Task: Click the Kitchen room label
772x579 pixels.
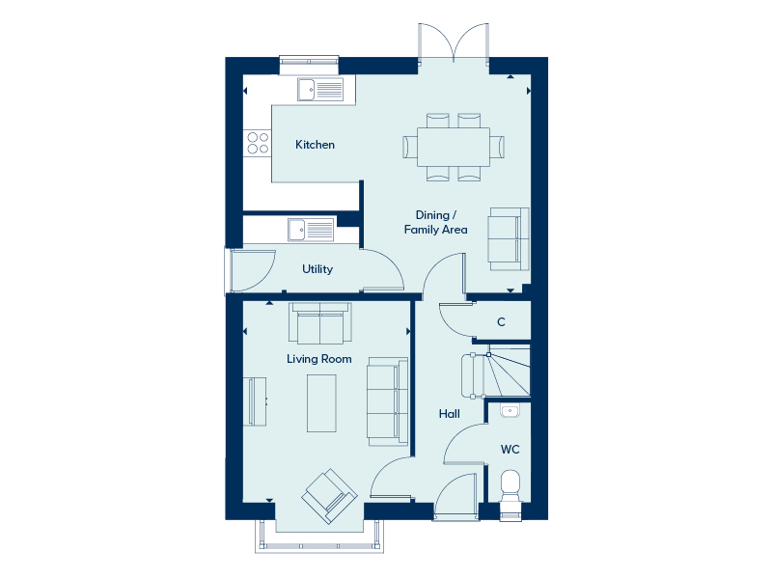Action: pos(315,145)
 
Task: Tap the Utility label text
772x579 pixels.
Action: pos(317,269)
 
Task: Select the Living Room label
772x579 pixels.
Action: pos(319,359)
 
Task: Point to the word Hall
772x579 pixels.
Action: pos(449,414)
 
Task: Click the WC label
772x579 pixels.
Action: pos(510,450)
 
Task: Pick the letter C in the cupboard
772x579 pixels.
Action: pos(501,322)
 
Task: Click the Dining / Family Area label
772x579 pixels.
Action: pos(436,222)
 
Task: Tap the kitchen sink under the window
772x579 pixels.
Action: pos(320,90)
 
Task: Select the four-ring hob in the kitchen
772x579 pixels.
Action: pos(258,143)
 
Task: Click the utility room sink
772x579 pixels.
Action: pos(311,230)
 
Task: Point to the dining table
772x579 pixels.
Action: pos(454,148)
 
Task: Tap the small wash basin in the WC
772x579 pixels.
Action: pos(510,410)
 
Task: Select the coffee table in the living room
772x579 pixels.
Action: pos(322,403)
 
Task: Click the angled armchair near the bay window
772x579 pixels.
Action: pos(329,496)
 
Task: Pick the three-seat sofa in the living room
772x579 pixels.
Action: pos(388,401)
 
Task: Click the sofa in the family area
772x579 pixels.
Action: pos(509,239)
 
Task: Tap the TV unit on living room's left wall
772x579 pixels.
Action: pos(255,401)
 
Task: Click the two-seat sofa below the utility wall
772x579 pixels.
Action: pos(320,323)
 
